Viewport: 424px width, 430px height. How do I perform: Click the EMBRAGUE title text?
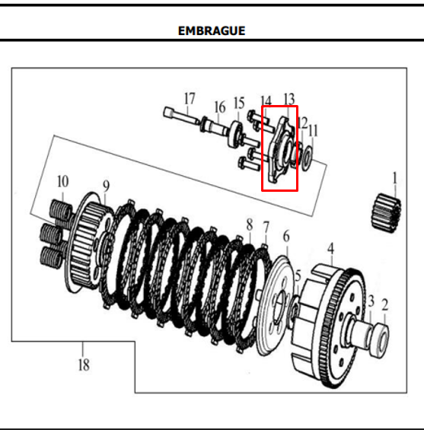click(212, 30)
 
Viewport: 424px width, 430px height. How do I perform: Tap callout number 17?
click(190, 99)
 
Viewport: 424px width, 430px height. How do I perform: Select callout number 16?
click(220, 107)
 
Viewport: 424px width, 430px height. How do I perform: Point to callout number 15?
click(239, 104)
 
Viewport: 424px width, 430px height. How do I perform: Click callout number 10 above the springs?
click(63, 182)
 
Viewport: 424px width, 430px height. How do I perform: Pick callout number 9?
click(106, 186)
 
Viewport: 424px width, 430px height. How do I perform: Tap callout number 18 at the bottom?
click(84, 365)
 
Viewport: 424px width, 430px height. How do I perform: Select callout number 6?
click(286, 237)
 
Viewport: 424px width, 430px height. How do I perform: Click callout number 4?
click(331, 249)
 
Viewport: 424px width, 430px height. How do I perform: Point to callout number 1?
click(394, 178)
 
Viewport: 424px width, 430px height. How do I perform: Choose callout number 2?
click(385, 305)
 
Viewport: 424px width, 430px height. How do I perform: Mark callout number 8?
click(249, 225)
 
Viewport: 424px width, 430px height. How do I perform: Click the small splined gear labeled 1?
click(387, 213)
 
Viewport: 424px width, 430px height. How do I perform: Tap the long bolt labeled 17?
click(182, 116)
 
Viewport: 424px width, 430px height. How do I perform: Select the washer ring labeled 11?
click(307, 158)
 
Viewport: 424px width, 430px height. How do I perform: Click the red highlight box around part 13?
click(279, 148)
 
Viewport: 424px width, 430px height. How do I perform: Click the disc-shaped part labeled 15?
click(234, 134)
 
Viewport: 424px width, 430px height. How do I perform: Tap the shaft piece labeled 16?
click(215, 126)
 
